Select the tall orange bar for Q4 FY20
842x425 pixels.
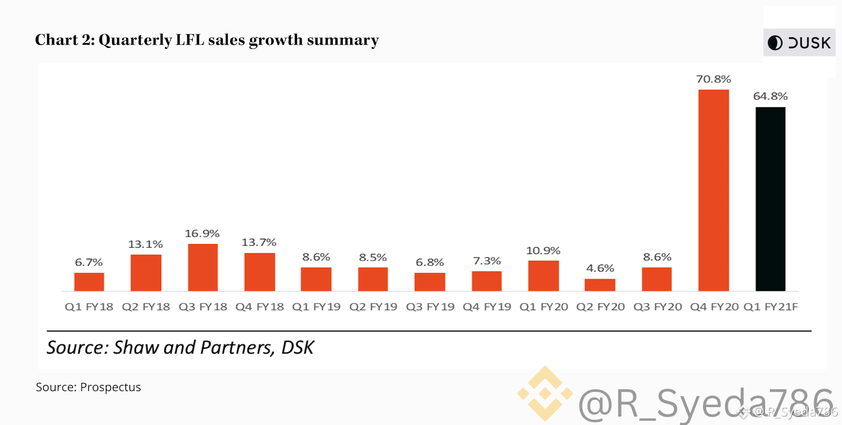(714, 190)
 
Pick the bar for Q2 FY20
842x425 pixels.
(600, 285)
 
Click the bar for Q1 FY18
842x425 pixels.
(89, 282)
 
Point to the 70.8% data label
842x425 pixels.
(714, 79)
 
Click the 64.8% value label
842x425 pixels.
(770, 96)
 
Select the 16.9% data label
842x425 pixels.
(202, 233)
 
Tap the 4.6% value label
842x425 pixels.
(600, 268)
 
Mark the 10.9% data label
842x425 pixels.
(543, 250)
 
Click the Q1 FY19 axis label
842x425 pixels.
(316, 307)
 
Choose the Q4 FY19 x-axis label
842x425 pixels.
(487, 307)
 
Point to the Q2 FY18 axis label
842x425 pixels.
(146, 307)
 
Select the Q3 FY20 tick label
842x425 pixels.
(657, 307)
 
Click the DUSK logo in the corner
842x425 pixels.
(799, 43)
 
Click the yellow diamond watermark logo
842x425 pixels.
(544, 393)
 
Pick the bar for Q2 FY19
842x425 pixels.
(373, 279)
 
